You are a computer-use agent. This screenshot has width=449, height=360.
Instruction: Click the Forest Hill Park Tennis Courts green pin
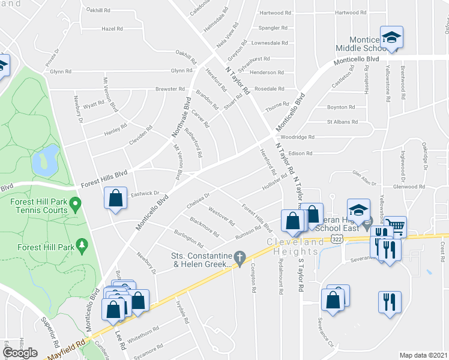75,206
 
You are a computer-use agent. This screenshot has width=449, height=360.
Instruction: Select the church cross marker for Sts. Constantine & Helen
240,260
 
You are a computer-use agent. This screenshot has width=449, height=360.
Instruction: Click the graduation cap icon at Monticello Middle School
391,38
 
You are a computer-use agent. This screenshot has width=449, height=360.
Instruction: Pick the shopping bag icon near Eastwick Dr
115,197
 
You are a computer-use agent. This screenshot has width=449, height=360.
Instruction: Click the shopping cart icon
395,226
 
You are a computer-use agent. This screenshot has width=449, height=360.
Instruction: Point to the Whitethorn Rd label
142,329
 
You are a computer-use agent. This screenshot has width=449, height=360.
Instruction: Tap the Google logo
20,352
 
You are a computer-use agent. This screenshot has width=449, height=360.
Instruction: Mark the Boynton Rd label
341,107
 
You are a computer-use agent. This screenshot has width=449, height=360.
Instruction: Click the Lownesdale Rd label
270,43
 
